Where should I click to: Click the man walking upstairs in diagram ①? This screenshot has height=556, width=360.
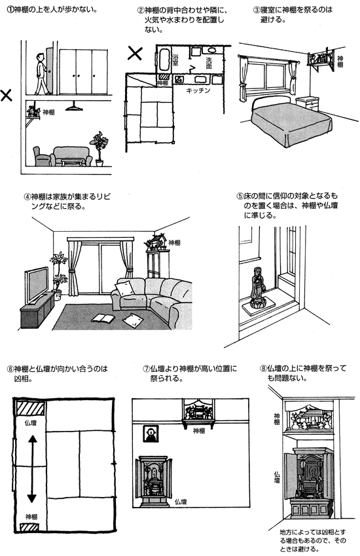coord(42,74)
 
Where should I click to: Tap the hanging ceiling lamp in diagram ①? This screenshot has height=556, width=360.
coord(74,105)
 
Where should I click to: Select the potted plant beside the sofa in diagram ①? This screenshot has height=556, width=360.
coord(98,149)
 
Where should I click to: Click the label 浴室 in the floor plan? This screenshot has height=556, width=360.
coord(175,60)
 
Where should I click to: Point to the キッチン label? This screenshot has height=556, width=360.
coord(198,90)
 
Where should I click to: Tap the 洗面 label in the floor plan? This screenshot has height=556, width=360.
coord(209,63)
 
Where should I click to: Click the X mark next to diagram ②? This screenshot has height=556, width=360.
coord(135,53)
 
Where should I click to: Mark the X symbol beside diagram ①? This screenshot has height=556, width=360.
coord(6,95)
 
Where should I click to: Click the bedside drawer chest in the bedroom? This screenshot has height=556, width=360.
coord(307,103)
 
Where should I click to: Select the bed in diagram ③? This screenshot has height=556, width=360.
coord(291,119)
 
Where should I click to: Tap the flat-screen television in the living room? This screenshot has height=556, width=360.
coord(36,284)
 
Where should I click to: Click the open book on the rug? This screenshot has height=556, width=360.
coord(103,318)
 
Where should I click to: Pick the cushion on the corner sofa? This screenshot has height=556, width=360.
coord(125,287)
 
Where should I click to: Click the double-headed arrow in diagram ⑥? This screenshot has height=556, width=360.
coord(32,469)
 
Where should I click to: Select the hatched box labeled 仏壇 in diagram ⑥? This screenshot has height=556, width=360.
coord(31,408)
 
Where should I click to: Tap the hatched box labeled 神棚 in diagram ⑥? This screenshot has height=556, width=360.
coord(29,527)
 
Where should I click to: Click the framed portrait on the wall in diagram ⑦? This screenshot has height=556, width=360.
coord(151,434)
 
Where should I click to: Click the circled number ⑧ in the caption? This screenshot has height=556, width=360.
coord(263,369)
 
